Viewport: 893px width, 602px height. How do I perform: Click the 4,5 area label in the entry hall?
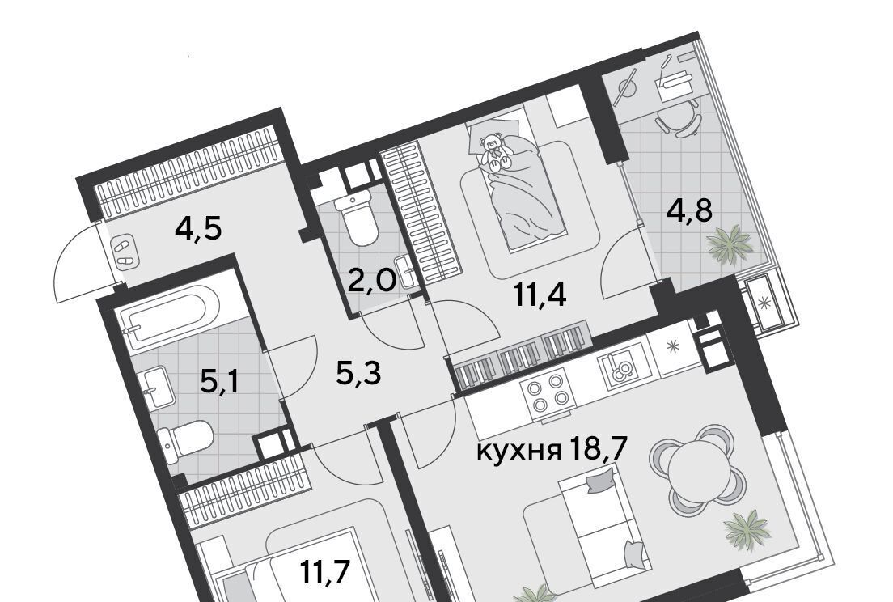click(197, 229)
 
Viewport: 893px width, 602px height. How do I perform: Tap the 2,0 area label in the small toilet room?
click(371, 281)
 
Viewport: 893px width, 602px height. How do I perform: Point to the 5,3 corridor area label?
click(358, 374)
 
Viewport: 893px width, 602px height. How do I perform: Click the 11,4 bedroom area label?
click(540, 295)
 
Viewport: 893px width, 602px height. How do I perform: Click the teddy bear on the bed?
click(493, 151)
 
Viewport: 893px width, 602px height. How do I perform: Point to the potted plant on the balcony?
click(730, 245)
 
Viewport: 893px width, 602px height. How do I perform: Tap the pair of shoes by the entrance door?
click(124, 253)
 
